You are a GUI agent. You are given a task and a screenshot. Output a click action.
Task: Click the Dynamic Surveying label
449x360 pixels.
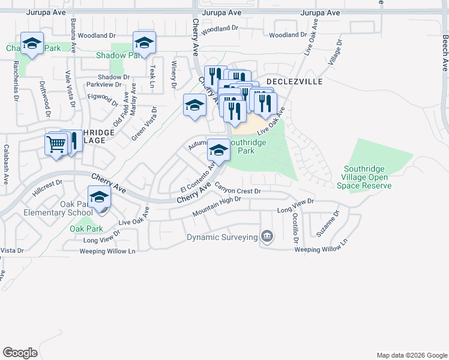coord(221,237)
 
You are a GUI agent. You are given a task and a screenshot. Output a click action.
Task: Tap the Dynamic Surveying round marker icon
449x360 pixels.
coord(267,237)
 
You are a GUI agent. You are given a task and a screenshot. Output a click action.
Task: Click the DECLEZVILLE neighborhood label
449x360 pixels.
coord(295,81)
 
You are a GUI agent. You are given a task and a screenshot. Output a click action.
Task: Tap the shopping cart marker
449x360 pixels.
coord(56,144)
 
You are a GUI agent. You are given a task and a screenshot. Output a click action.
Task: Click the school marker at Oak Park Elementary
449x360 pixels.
coord(99,197)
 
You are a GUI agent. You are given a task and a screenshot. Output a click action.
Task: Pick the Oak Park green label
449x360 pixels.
coord(86,229)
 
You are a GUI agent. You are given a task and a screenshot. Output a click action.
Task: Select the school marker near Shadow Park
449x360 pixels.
coord(144,43)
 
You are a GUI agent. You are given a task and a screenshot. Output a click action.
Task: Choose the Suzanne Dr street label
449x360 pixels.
coord(328,223)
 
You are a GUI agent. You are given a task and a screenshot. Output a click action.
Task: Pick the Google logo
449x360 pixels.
coord(20,352)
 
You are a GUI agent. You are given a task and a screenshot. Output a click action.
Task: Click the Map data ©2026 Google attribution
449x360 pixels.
coord(411,355)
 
